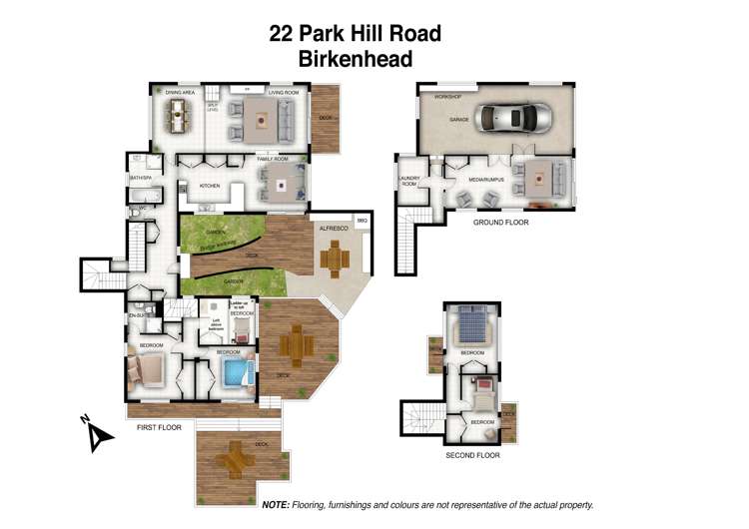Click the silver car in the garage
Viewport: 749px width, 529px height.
click(514, 118)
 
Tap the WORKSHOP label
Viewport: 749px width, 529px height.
click(447, 97)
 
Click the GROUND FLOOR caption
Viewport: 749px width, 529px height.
click(500, 223)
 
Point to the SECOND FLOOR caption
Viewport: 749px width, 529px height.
click(472, 455)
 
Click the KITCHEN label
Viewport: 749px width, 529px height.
click(210, 186)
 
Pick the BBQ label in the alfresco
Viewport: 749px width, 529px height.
click(363, 221)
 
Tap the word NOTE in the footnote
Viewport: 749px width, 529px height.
click(276, 506)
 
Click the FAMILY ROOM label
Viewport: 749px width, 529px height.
click(272, 159)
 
